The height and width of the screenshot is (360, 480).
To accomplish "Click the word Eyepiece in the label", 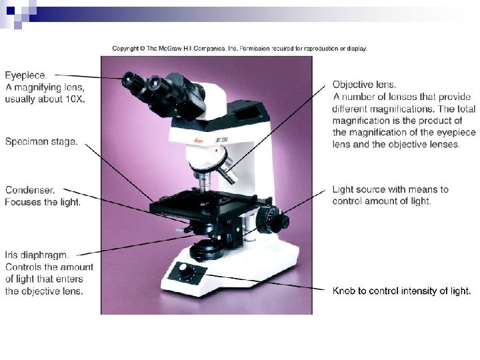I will tap(27, 75).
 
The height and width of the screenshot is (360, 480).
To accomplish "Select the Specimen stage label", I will tap(41, 141).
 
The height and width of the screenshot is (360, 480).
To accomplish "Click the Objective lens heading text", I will tap(364, 85).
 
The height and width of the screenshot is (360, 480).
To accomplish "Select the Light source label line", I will tap(390, 189).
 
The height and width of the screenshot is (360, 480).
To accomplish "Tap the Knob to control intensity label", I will tap(401, 291).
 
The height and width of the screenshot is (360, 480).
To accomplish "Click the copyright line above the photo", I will tap(239, 49).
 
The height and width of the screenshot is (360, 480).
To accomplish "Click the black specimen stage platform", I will tap(207, 202).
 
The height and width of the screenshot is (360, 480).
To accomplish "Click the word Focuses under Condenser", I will tap(24, 201).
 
